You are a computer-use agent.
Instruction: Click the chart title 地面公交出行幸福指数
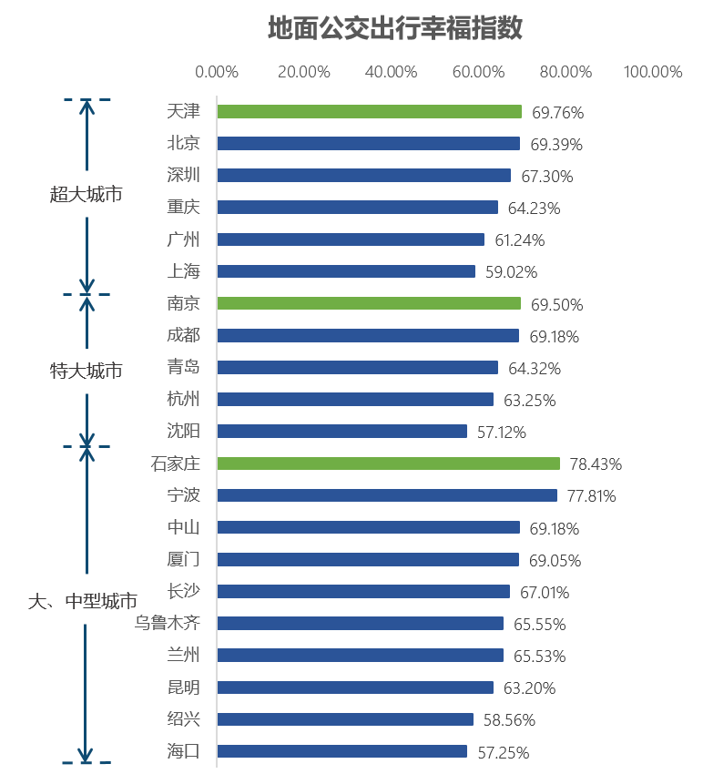point(395,28)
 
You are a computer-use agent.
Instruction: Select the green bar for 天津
point(369,112)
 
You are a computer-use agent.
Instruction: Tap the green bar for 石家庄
point(388,463)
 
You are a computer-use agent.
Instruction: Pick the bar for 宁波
point(386,495)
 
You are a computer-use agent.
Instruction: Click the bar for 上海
point(346,271)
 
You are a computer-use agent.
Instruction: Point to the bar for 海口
point(341,751)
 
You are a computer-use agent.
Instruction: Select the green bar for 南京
point(369,303)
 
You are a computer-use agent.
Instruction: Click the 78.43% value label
point(596,464)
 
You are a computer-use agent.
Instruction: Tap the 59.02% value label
point(511,272)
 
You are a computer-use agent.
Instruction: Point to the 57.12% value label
point(502,433)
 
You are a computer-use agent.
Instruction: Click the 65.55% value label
point(539,625)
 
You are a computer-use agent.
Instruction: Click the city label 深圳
point(184,175)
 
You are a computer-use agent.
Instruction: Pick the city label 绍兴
point(184,718)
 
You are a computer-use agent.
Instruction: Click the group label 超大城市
point(87,194)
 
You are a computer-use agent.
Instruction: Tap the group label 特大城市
point(87,371)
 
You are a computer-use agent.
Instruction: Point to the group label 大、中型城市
point(83,602)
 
